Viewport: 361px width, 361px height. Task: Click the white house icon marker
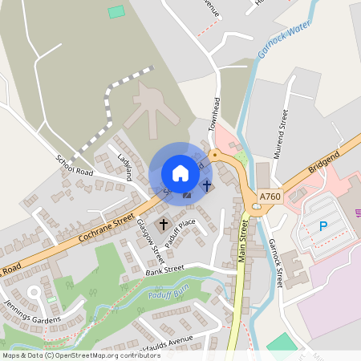[x=180, y=172]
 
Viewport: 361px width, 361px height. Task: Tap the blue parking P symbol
[x=323, y=226]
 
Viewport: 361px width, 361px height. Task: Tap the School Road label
[x=75, y=165]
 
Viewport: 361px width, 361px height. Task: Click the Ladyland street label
[x=123, y=166]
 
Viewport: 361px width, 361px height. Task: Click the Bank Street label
[x=164, y=269]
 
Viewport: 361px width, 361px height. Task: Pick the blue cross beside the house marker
[x=207, y=185]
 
